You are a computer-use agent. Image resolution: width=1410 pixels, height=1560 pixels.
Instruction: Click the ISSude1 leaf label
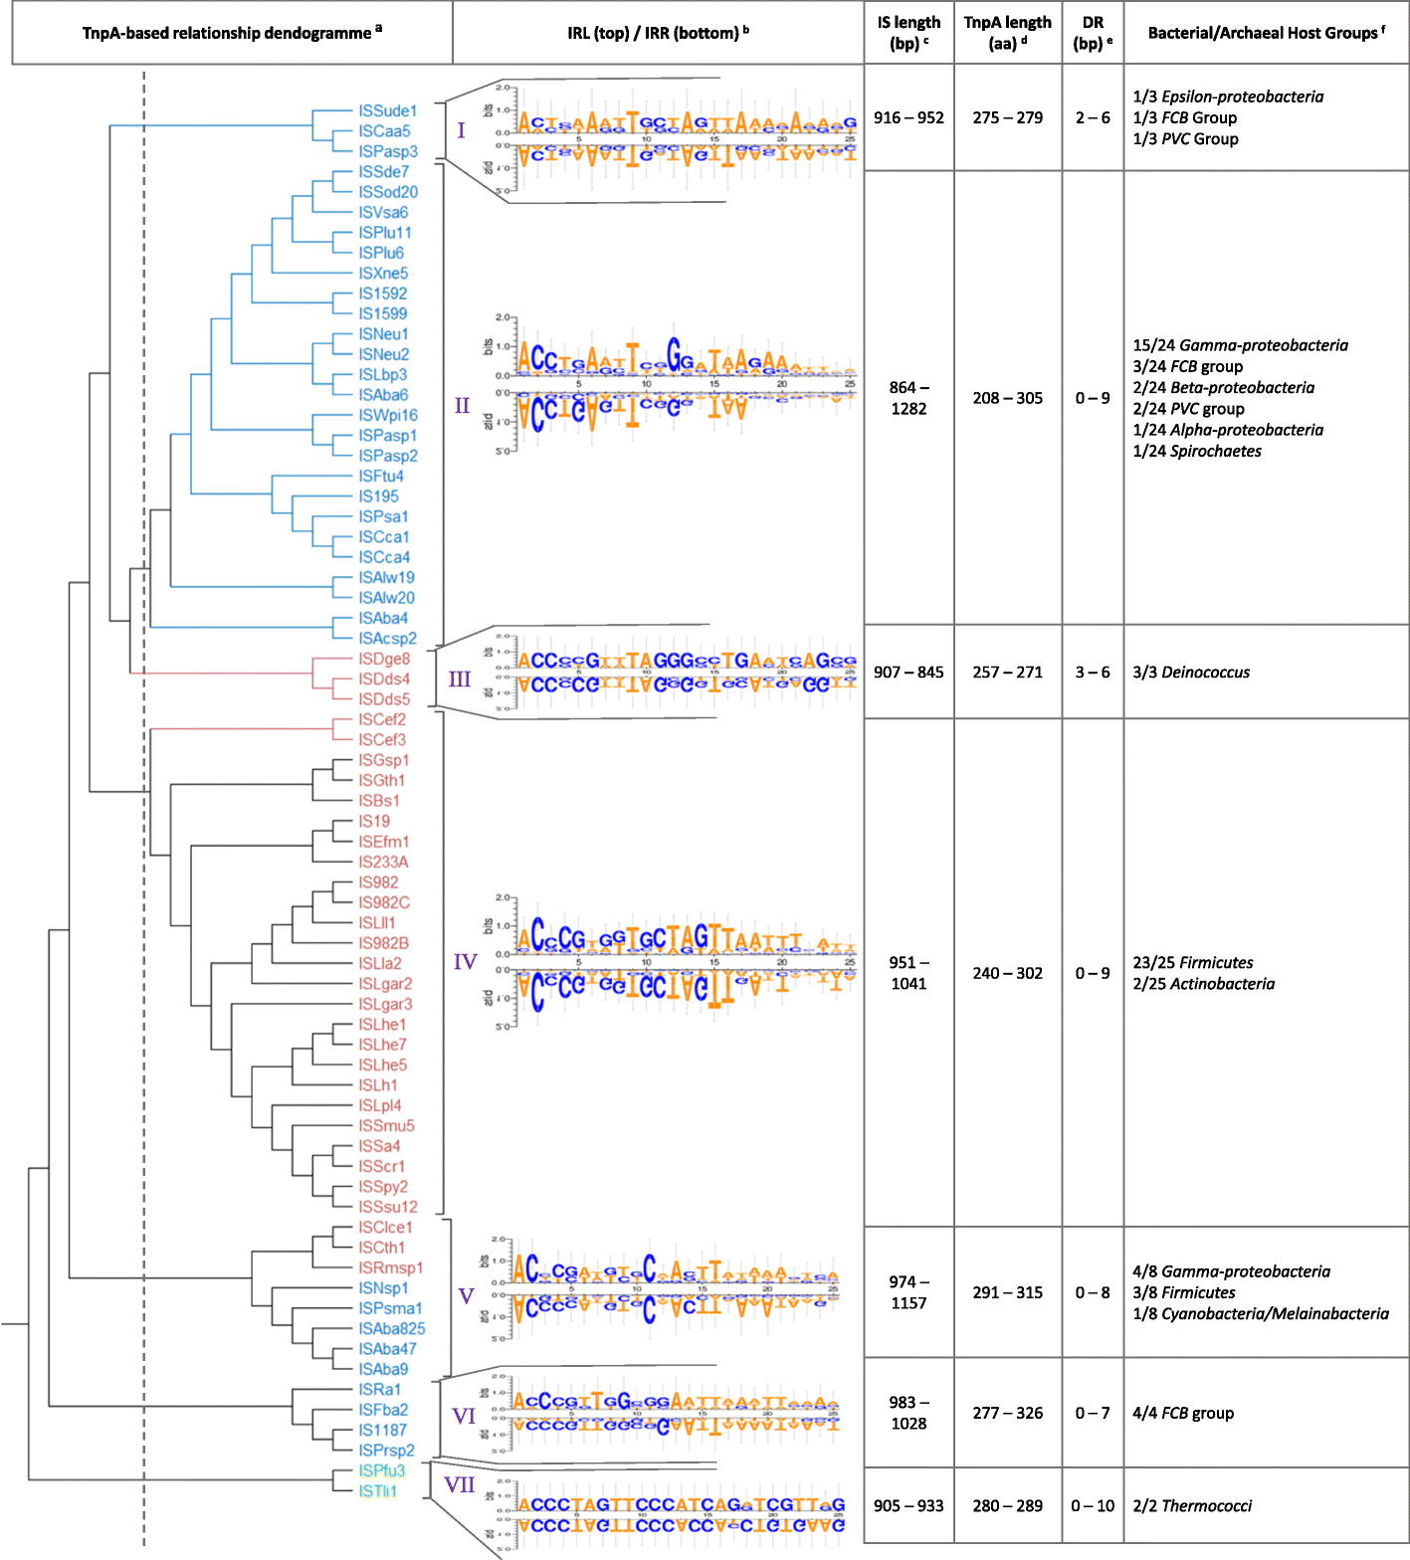click(x=387, y=111)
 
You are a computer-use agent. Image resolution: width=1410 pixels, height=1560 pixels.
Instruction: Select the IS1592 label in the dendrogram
click(x=382, y=293)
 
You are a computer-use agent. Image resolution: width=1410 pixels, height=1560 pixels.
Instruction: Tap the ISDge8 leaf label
click(x=383, y=659)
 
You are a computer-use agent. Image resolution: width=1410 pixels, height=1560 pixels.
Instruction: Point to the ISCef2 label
click(x=381, y=719)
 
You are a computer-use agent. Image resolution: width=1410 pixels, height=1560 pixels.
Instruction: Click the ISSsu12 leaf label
click(x=387, y=1207)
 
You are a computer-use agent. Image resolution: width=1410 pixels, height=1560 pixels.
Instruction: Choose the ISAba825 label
click(x=391, y=1328)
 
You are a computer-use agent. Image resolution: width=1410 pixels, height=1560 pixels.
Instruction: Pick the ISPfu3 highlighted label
click(x=381, y=1470)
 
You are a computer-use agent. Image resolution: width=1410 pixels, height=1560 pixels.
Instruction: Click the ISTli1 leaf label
click(x=377, y=1490)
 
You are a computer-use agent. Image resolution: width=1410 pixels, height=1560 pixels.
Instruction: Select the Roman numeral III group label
click(x=459, y=680)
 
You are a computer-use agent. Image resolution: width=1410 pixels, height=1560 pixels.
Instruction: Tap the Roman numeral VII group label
click(x=459, y=1485)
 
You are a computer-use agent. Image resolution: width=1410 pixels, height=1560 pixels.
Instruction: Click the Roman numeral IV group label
click(x=465, y=962)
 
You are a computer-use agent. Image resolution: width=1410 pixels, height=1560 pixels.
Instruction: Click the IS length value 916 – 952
click(x=908, y=117)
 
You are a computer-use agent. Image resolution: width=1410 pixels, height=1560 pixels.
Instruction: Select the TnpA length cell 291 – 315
click(x=1007, y=1292)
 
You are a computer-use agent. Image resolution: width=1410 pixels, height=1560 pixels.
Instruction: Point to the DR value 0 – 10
click(x=1093, y=1505)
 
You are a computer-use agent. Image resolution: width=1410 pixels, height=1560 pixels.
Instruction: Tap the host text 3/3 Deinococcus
click(x=1191, y=673)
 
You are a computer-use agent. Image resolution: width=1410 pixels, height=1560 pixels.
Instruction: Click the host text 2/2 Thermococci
click(x=1192, y=1505)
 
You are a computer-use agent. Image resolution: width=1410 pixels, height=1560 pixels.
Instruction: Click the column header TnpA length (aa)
click(x=1007, y=33)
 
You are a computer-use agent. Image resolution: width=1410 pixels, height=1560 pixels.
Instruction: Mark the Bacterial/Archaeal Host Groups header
click(x=1266, y=33)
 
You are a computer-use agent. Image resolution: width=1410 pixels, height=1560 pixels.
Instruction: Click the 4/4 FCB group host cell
click(x=1183, y=1413)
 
